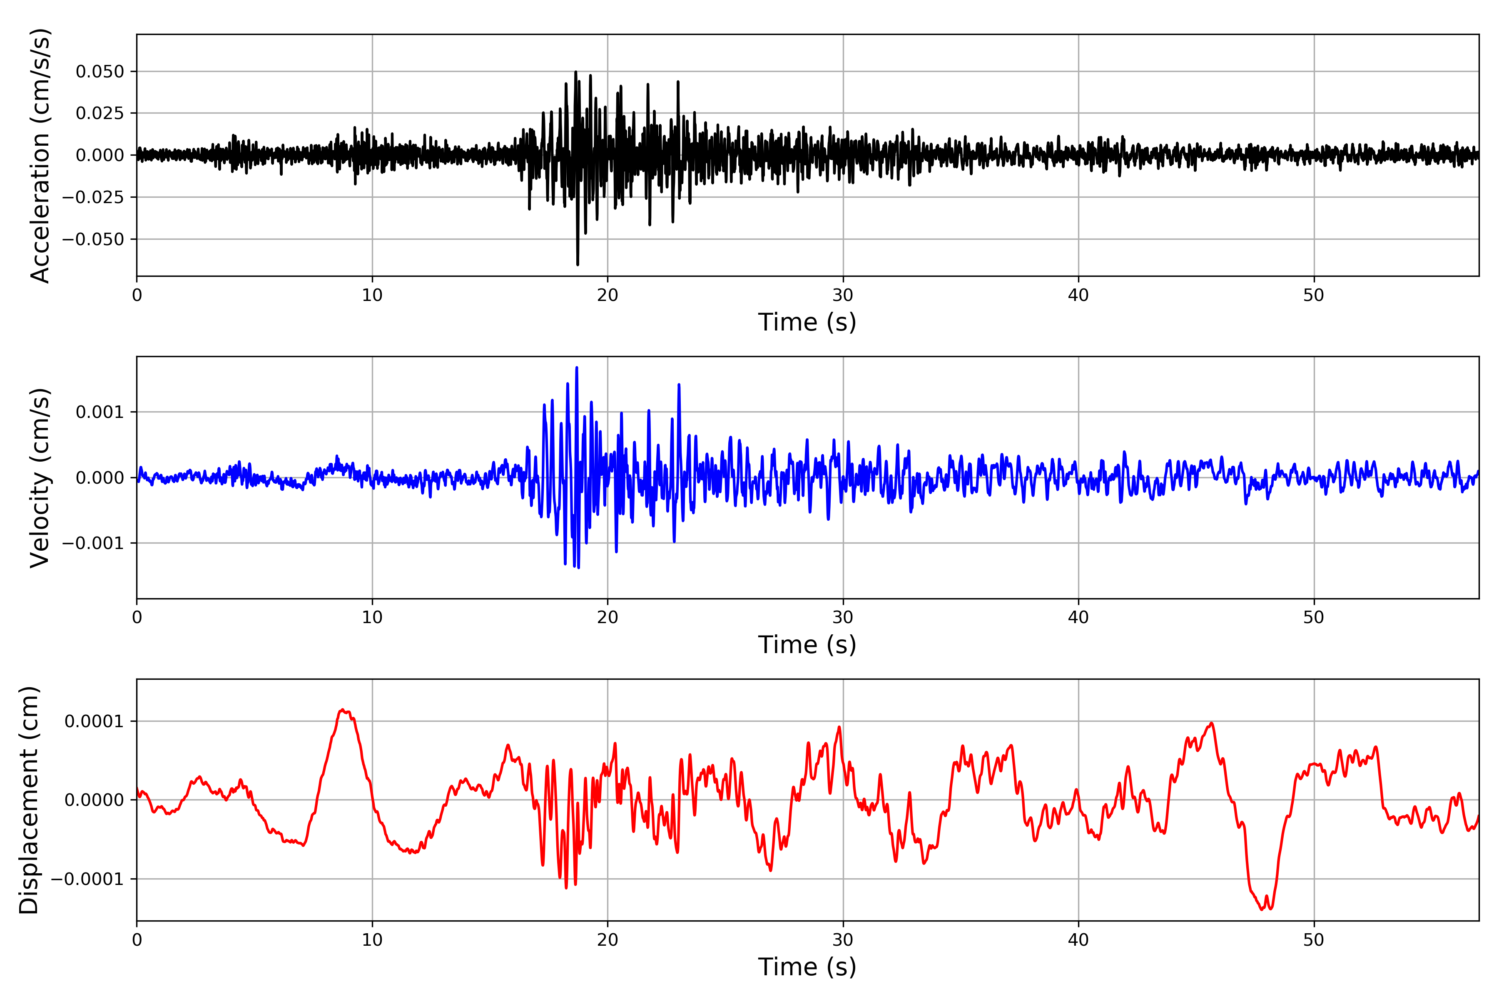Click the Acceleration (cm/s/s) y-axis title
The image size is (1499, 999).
coord(40,155)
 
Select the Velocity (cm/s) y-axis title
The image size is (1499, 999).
coord(40,478)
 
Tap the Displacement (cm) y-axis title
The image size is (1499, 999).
coord(29,800)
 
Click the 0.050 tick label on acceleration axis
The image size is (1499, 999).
coord(100,71)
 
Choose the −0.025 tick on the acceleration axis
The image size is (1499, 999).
coord(93,197)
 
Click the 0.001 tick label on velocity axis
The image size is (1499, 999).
coord(100,412)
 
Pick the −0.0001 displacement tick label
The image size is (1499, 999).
coord(87,879)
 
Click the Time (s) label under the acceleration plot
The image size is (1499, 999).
coord(807,322)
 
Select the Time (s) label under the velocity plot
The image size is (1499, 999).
coord(807,645)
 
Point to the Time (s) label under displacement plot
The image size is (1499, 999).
coord(807,967)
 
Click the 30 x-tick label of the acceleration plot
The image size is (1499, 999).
coord(842,296)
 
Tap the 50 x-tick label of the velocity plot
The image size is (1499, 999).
coord(1314,617)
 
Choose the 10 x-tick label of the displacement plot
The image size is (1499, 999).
coord(372,940)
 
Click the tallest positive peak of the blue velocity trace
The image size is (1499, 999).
coord(577,368)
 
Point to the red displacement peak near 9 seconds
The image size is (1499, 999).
coord(343,710)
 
